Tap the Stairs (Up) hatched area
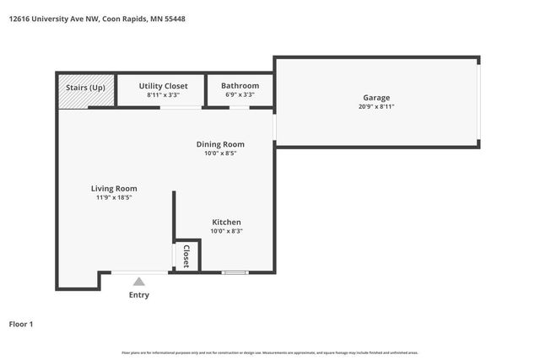[x=73, y=90]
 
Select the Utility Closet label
[x=163, y=86]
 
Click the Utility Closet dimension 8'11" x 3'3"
[x=163, y=95]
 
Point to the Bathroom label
[x=240, y=86]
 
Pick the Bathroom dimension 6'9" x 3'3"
[x=240, y=95]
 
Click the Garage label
[x=376, y=98]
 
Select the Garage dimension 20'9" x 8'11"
[x=376, y=107]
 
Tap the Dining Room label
[x=220, y=144]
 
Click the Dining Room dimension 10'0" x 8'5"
[x=220, y=153]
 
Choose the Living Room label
[x=114, y=188]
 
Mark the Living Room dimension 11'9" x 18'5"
[x=114, y=197]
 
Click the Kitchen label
[x=226, y=222]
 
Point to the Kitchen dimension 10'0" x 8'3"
[x=226, y=231]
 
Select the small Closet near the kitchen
[x=186, y=255]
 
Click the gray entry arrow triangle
[x=138, y=282]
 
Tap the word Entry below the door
[x=138, y=294]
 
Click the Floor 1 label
[x=22, y=324]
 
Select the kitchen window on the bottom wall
[x=235, y=272]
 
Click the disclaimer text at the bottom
[x=269, y=352]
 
